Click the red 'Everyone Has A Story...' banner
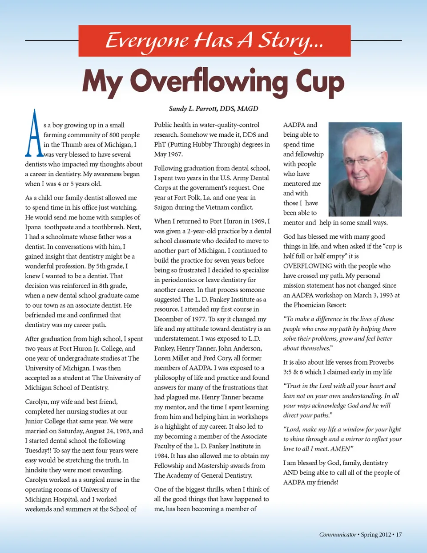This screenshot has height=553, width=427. (x=214, y=41)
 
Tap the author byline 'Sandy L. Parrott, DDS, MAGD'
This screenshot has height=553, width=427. (x=213, y=109)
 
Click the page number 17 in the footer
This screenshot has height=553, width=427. (x=399, y=534)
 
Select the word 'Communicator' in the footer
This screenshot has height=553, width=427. (x=338, y=534)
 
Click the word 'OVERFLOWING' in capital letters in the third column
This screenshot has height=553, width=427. (x=307, y=266)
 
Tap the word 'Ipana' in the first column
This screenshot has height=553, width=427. (x=33, y=227)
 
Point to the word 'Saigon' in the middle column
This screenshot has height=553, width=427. (x=164, y=207)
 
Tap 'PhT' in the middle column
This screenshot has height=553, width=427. (x=160, y=144)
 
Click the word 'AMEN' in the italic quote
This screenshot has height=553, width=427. (x=341, y=449)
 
